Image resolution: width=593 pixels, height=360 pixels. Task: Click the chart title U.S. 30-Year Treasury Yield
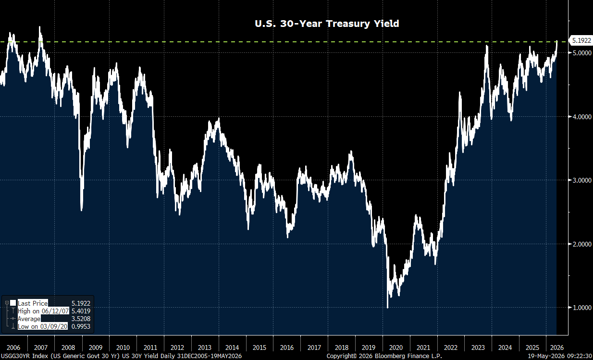coord(327,24)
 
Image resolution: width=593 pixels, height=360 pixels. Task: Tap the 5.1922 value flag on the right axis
coord(581,40)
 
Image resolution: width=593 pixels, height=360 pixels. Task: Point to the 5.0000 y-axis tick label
coord(581,53)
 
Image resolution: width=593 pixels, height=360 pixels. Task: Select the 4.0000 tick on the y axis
coord(581,117)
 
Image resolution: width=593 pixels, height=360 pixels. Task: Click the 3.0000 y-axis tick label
coord(581,180)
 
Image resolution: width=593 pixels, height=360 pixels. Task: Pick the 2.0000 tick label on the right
coord(581,244)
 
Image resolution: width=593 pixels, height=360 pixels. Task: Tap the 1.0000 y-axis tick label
coord(581,308)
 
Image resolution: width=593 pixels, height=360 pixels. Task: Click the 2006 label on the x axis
coord(13,348)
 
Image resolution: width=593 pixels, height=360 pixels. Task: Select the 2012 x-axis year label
coord(177,348)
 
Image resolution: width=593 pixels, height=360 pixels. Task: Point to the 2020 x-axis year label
coord(396,348)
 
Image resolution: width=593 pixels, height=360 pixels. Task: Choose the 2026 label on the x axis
coord(557,348)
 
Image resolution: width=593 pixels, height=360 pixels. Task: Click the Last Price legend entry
coord(33,303)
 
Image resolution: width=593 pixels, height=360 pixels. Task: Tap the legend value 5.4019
coord(81,311)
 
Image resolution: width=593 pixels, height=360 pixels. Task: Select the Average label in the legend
coord(29,319)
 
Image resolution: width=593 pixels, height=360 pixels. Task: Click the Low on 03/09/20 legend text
coord(42,326)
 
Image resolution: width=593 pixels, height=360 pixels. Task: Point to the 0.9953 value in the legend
coord(81,326)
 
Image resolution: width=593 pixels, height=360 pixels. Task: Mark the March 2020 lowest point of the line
coord(388,308)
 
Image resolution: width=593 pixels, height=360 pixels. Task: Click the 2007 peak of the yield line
coord(40,27)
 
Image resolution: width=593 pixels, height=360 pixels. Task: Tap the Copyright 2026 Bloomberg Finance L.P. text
coord(384,356)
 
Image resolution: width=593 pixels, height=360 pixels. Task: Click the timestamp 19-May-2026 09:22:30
coord(560,356)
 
